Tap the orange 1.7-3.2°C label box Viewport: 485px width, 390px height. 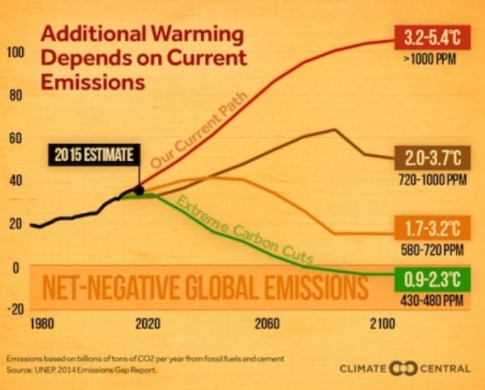coord(433,229)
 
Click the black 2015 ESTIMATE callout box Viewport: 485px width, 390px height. coord(93,156)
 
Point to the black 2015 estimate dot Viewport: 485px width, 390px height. coord(139,190)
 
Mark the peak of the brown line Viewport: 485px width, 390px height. coord(334,129)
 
